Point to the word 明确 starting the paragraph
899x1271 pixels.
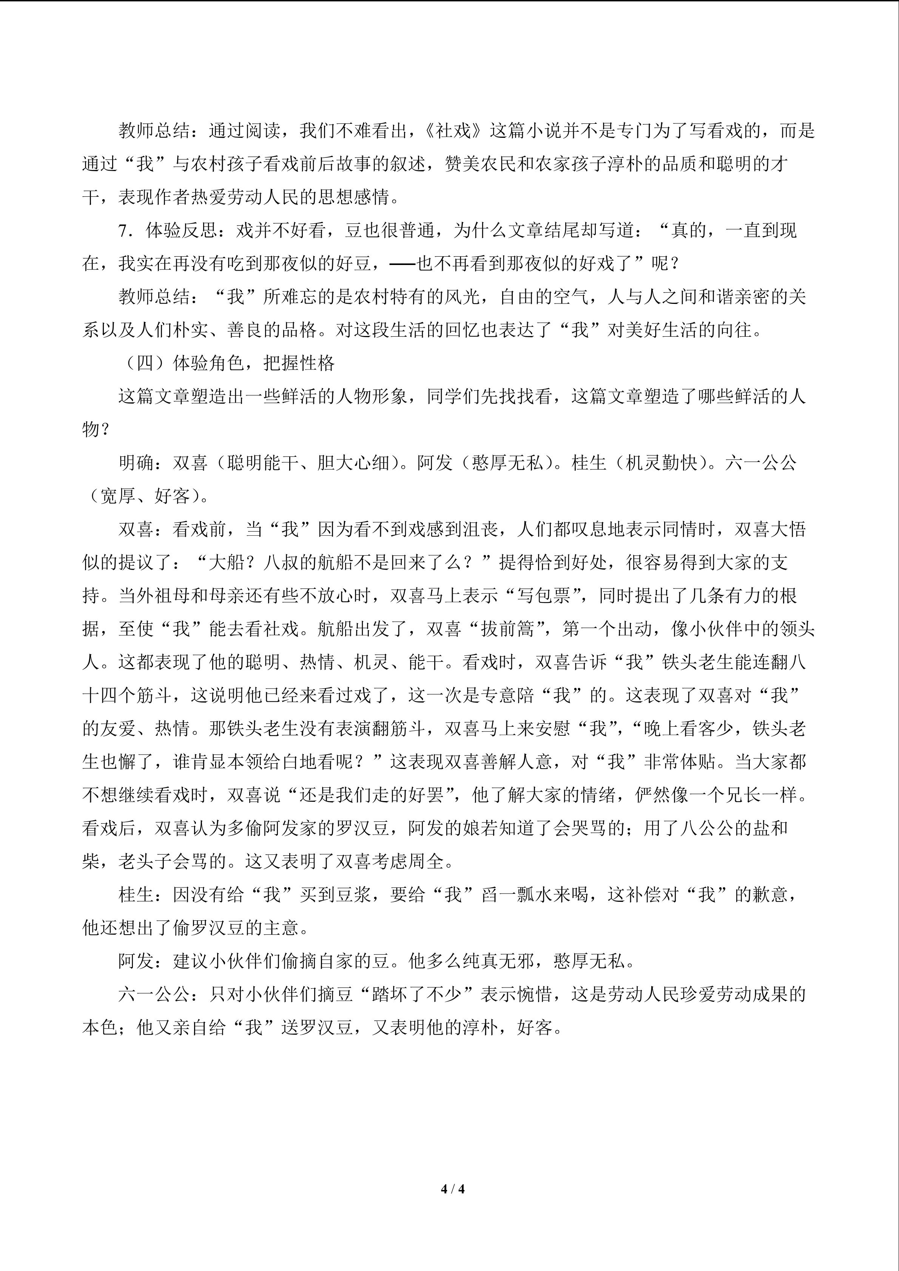point(136,463)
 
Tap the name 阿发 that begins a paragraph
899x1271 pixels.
point(136,961)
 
